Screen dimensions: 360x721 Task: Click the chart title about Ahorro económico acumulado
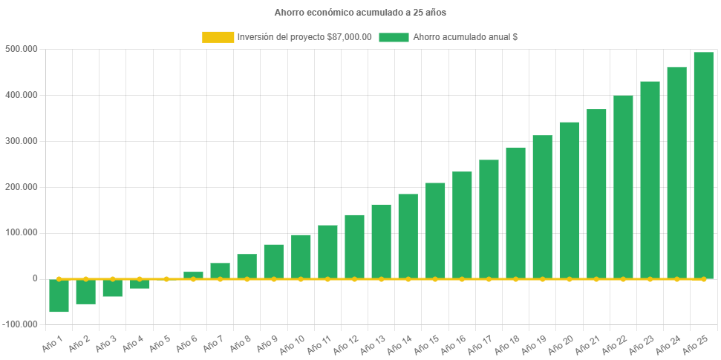click(x=360, y=13)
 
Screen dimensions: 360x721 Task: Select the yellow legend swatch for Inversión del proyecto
click(x=217, y=37)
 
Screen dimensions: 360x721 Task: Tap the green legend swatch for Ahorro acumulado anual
click(x=394, y=37)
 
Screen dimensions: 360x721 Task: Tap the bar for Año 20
click(x=569, y=200)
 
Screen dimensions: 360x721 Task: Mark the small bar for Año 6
click(x=193, y=275)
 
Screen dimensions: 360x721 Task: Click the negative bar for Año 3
click(x=113, y=288)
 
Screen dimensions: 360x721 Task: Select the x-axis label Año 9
click(x=268, y=343)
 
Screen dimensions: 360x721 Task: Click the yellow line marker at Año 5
click(x=166, y=279)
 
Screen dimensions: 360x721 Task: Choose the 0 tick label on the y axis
click(x=35, y=278)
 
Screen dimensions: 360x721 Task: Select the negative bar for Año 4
click(x=140, y=284)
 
